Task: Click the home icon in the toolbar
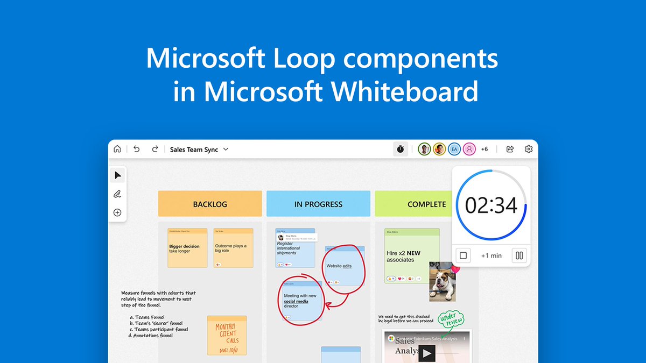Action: [x=117, y=150]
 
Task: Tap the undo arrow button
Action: [x=136, y=150]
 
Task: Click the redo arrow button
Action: [x=155, y=150]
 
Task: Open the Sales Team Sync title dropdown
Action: [x=226, y=150]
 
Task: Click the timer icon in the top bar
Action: [x=401, y=149]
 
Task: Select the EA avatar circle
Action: [x=454, y=149]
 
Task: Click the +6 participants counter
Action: [x=484, y=149]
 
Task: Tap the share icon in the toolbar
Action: [x=510, y=149]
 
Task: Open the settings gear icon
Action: [x=529, y=149]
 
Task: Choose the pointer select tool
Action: [x=117, y=175]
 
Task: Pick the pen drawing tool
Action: [x=117, y=194]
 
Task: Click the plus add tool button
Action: [x=117, y=212]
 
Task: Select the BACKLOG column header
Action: [x=210, y=204]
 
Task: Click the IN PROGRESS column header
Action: [x=318, y=204]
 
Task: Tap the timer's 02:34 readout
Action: [x=491, y=205]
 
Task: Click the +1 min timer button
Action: [x=491, y=255]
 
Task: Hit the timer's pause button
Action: [x=519, y=255]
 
